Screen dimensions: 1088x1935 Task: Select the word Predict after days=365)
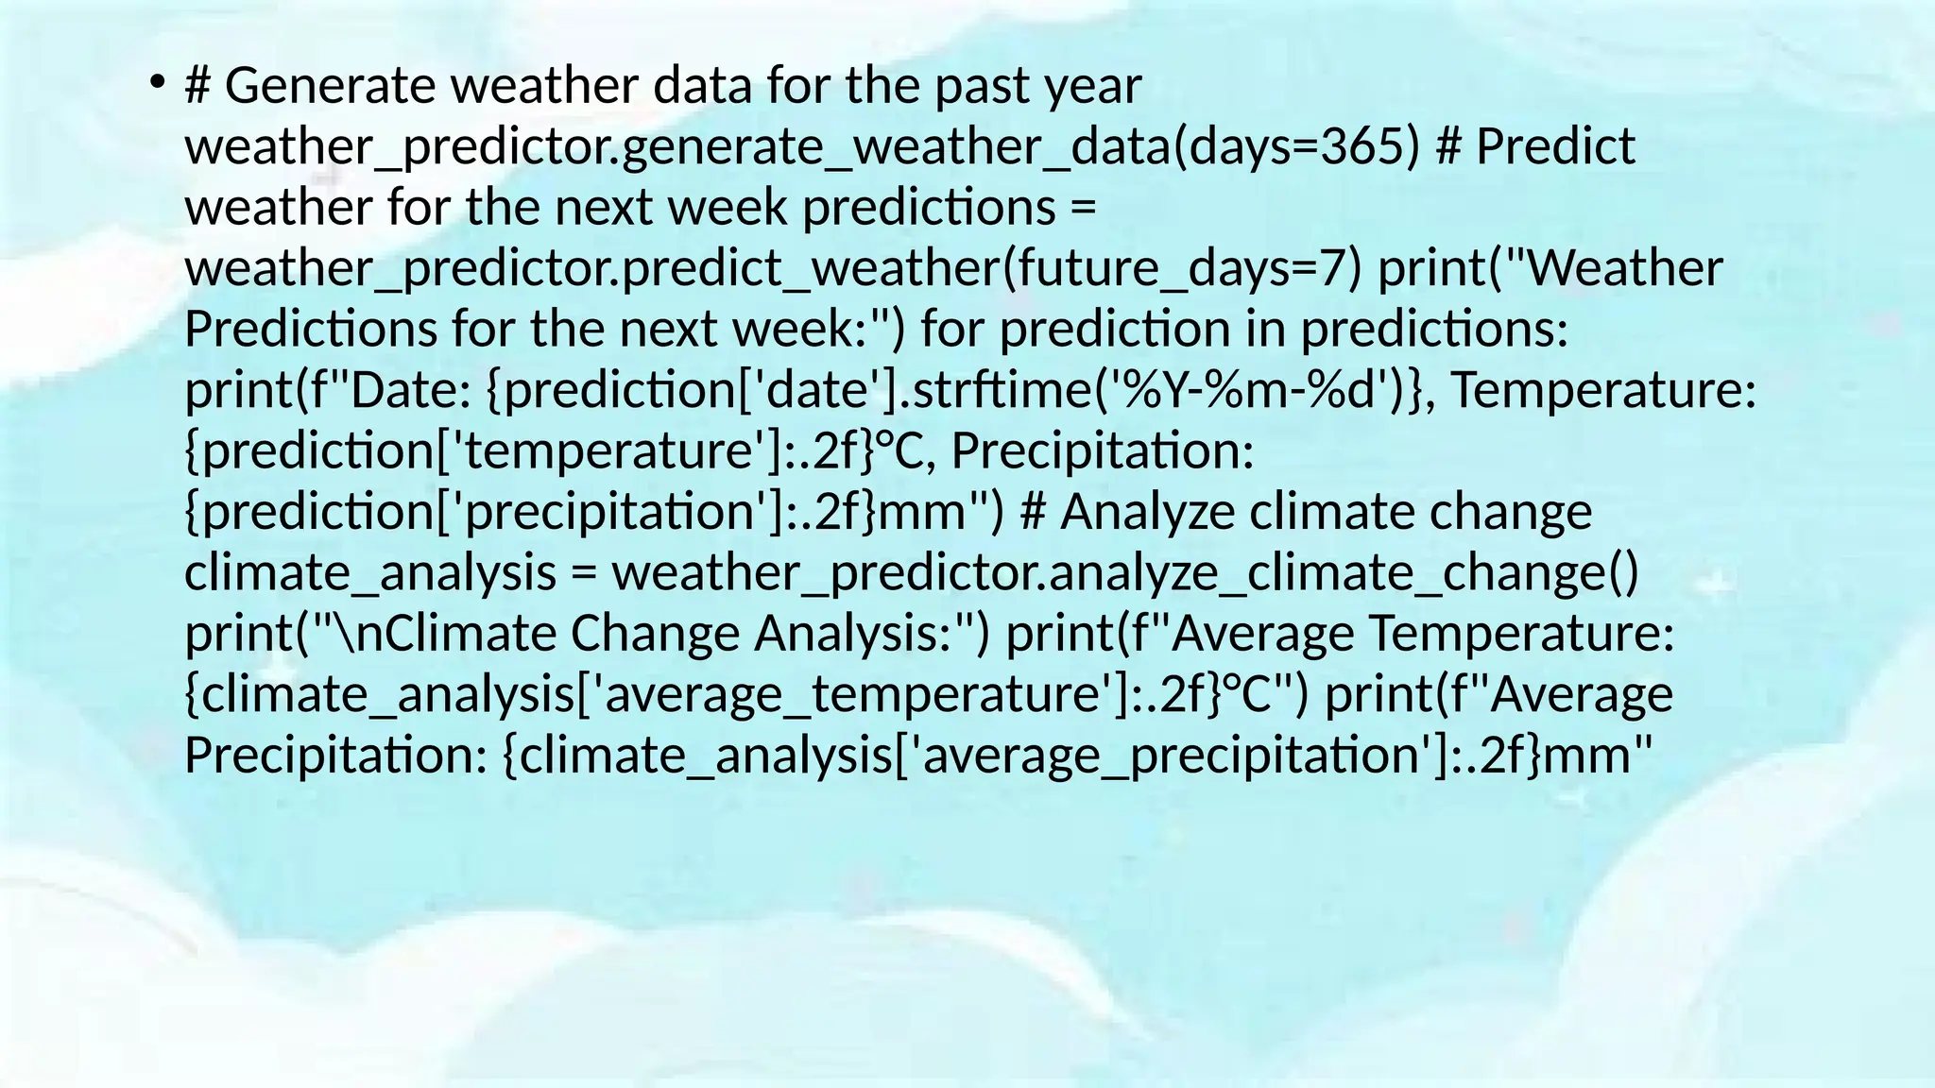click(x=1555, y=147)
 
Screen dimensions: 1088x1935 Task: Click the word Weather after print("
click(x=1624, y=269)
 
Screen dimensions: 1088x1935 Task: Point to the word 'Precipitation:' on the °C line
click(x=1103, y=451)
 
